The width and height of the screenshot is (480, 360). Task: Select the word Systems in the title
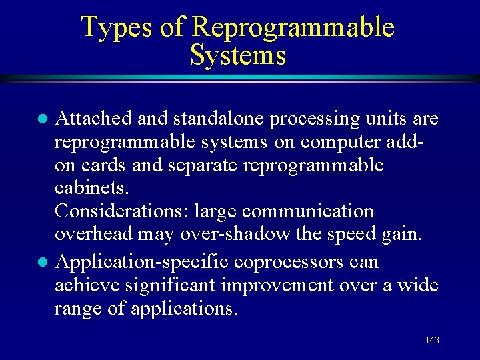(238, 55)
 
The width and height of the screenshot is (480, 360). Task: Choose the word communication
(308, 211)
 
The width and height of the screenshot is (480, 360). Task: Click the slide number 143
(432, 341)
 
